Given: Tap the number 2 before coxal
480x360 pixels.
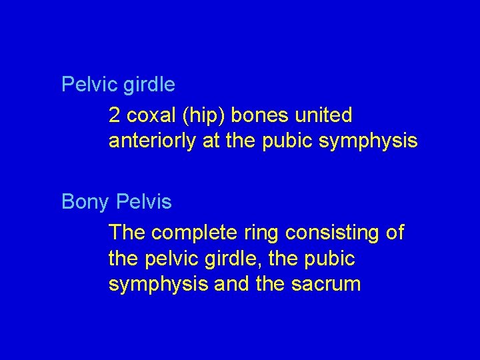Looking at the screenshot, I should (114, 115).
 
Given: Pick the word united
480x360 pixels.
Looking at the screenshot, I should (323, 115).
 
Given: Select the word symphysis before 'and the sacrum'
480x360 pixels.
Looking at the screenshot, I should (158, 285).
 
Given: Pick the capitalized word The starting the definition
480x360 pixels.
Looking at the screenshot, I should (127, 233).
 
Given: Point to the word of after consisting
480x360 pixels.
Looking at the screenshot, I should (394, 233).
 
